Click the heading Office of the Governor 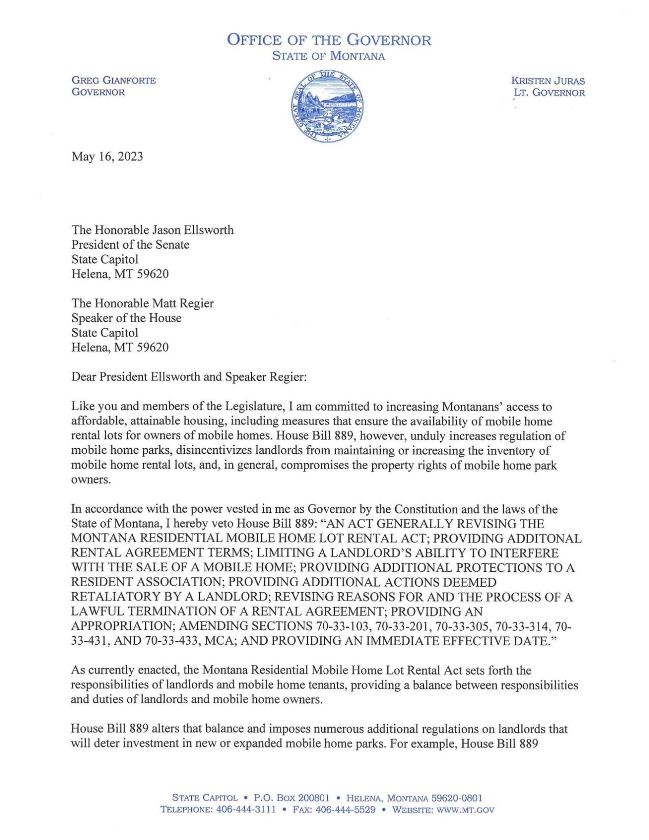[x=329, y=40]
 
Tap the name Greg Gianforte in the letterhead [x=114, y=80]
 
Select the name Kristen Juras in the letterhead [x=548, y=81]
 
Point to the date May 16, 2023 [x=107, y=156]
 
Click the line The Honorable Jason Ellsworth [x=152, y=230]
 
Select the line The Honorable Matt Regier [x=143, y=303]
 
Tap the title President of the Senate [x=130, y=245]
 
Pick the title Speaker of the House [x=126, y=318]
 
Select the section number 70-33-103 [x=341, y=626]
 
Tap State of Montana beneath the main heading [x=328, y=56]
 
